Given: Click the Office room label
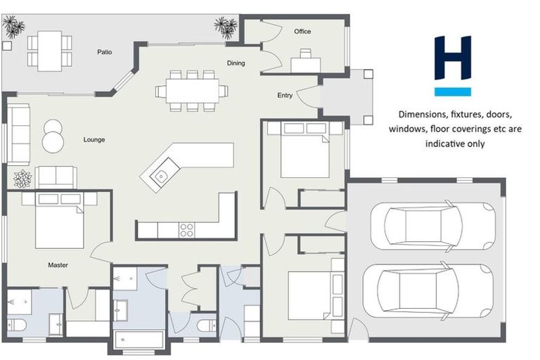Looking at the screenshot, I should pos(302,32).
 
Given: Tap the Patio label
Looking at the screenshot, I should pos(104,51).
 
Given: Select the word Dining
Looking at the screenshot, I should pos(236,63).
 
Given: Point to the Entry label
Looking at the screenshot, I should pos(285,96).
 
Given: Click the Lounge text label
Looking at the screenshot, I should pos(94,140).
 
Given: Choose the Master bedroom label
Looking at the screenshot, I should pos(58,265).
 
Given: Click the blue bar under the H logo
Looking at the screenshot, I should pos(452,91).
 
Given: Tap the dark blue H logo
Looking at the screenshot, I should pos(452,58).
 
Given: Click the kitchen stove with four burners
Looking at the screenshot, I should pos(187,230).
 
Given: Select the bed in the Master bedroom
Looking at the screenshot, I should pos(59,219).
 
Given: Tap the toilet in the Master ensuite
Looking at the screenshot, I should pos(18,324).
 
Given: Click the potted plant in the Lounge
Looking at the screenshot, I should pos(22,179).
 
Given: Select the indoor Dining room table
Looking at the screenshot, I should pos(191,91).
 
